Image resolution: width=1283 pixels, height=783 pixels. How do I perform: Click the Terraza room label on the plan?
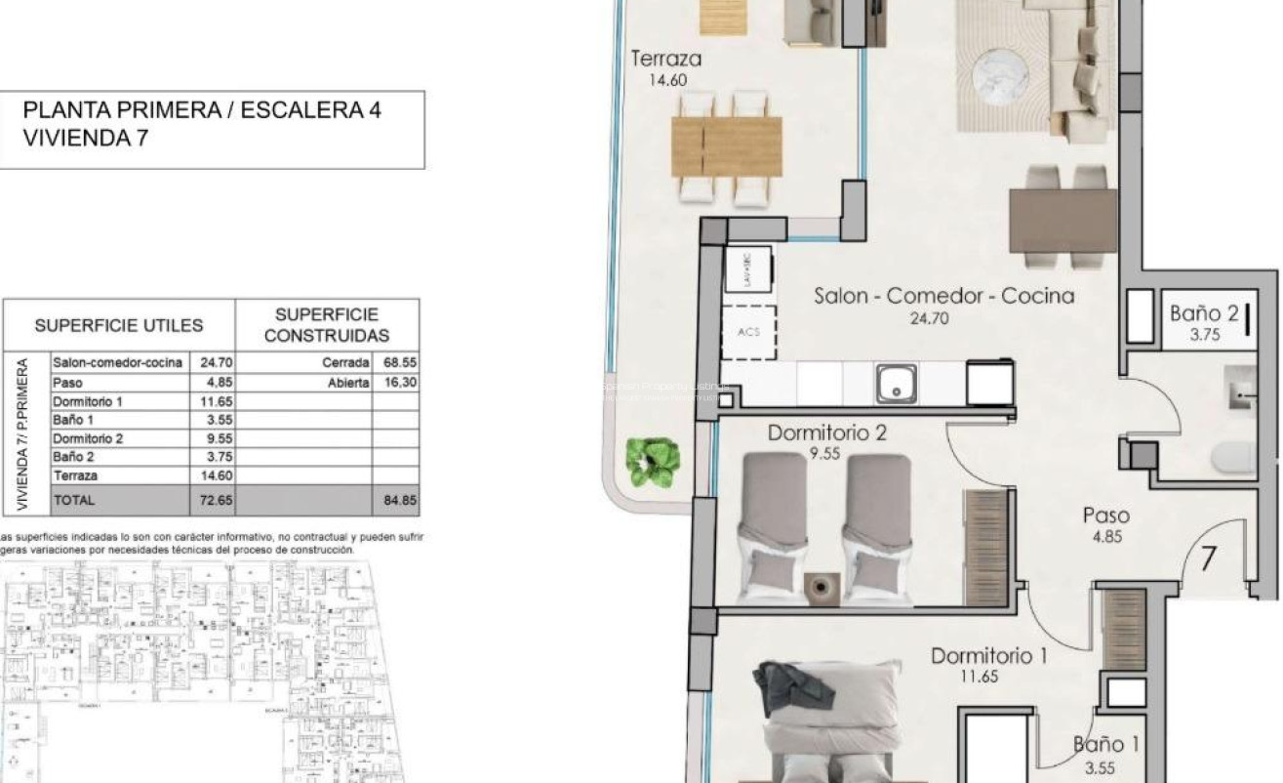click(666, 60)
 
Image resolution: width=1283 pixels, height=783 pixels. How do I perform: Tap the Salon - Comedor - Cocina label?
click(943, 296)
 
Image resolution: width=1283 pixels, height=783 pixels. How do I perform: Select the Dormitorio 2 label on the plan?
click(826, 433)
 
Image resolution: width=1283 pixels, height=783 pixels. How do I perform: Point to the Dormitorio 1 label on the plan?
click(988, 656)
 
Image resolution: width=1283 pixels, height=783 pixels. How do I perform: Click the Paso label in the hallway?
click(1105, 515)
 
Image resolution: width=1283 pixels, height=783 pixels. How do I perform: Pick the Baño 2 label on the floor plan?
click(1204, 314)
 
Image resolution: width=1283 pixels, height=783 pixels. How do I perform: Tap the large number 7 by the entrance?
click(1208, 559)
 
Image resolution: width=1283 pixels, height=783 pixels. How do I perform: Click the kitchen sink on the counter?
click(896, 383)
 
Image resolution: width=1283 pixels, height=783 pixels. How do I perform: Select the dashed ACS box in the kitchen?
click(748, 332)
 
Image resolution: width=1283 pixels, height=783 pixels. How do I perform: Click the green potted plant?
click(653, 462)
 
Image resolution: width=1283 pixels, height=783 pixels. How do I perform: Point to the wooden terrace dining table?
click(727, 146)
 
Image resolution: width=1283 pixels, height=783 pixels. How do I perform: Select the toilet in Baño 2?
click(1234, 458)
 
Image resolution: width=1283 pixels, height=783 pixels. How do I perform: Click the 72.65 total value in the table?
click(212, 500)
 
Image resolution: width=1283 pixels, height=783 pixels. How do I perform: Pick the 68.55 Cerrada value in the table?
click(400, 362)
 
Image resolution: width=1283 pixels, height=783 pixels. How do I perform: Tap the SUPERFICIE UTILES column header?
click(119, 326)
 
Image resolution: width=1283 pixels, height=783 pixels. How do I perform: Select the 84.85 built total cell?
click(400, 500)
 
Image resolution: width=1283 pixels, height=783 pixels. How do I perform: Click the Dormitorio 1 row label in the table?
click(88, 401)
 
